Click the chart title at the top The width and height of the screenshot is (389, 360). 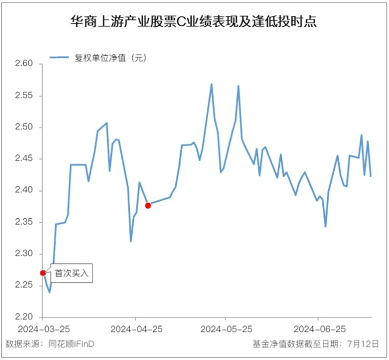click(x=194, y=22)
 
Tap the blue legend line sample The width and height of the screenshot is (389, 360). click(x=59, y=58)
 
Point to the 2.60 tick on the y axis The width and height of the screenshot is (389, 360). click(x=24, y=64)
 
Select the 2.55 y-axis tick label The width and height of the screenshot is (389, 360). click(x=24, y=96)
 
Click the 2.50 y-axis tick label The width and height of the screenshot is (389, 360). click(x=24, y=128)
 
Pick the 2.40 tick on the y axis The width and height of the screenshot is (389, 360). click(x=24, y=190)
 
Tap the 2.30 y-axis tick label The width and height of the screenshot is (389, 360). click(x=24, y=254)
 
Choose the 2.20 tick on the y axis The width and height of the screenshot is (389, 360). click(x=24, y=317)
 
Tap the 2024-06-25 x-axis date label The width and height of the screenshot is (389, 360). click(x=318, y=329)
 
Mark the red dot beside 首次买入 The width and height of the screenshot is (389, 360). click(x=43, y=273)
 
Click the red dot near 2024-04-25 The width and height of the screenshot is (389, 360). click(x=148, y=205)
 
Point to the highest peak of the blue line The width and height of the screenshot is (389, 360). click(x=212, y=84)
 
